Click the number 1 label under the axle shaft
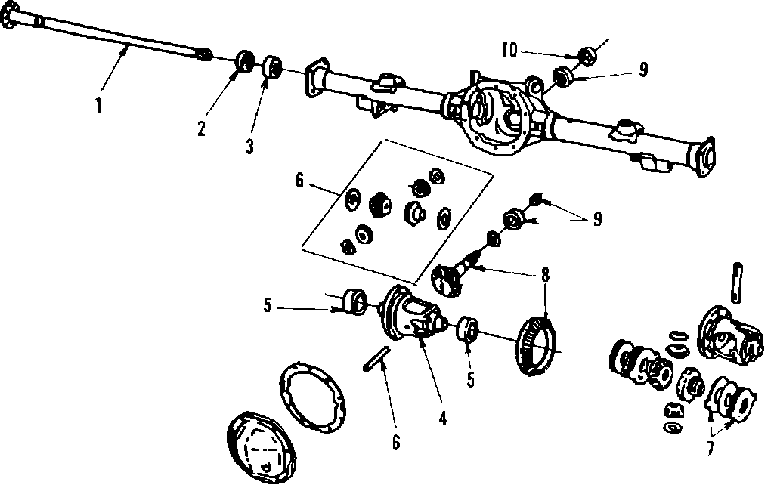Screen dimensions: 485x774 coord(98,106)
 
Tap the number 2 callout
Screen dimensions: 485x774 coord(201,129)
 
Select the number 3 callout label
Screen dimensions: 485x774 coord(249,146)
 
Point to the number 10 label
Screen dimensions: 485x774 coord(509,51)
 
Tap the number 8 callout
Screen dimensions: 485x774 coord(544,275)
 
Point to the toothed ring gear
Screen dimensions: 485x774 coord(537,345)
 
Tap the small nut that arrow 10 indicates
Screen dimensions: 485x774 coord(587,54)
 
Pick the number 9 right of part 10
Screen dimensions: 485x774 coord(642,70)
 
